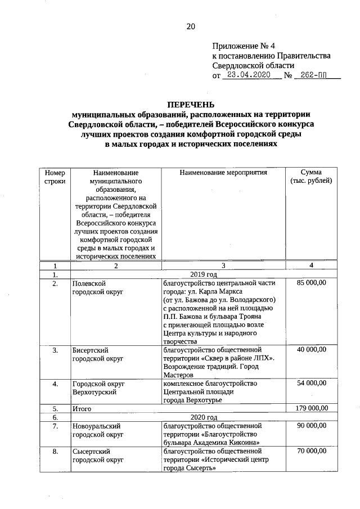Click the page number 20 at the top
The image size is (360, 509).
[x=190, y=26]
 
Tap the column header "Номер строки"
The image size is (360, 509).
[x=55, y=177]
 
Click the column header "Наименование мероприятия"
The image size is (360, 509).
[x=223, y=173]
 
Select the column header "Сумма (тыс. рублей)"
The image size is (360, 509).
[x=311, y=177]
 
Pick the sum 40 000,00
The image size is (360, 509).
[x=311, y=350]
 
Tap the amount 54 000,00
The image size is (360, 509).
[x=311, y=383]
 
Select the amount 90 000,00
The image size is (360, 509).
[x=311, y=426]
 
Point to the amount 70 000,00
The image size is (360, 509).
[x=311, y=451]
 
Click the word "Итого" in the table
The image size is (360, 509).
[x=82, y=409]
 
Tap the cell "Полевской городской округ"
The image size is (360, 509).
[x=97, y=288]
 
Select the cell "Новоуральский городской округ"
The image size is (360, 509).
[x=97, y=431]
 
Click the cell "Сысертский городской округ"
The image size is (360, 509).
[x=97, y=456]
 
